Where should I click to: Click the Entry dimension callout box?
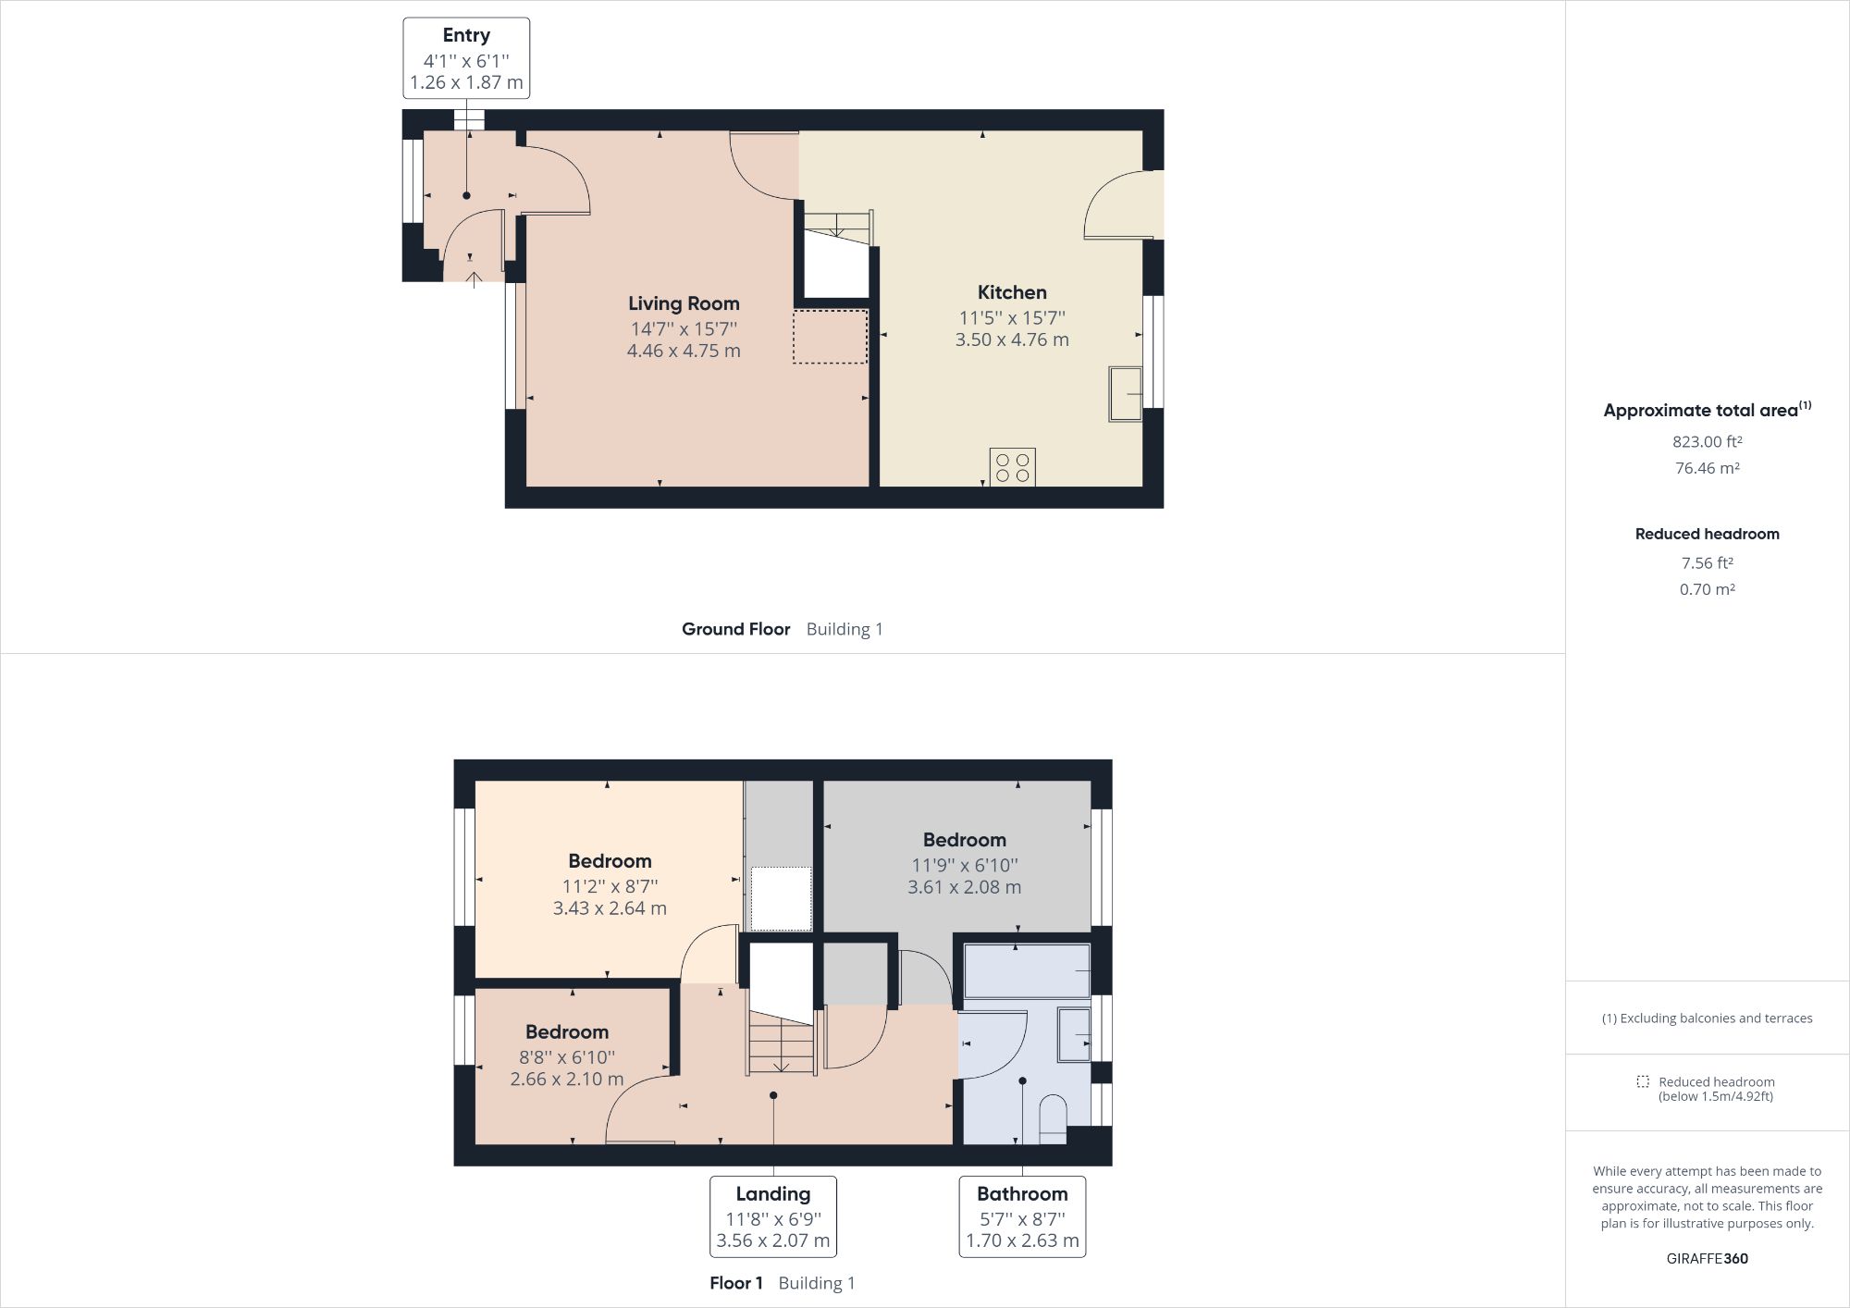tap(466, 58)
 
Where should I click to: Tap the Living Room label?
tap(684, 303)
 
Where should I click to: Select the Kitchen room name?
tap(1012, 292)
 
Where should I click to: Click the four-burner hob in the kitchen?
tap(1012, 466)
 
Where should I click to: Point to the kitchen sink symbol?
tap(1125, 394)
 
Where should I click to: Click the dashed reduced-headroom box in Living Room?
tap(830, 337)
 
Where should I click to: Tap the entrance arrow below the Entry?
tap(474, 279)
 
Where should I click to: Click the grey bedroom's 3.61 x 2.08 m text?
tap(964, 887)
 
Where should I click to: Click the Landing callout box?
tap(772, 1216)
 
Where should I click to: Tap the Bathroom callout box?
tap(1022, 1216)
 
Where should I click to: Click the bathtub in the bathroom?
tap(1027, 970)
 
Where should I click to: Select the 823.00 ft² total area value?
tap(1707, 442)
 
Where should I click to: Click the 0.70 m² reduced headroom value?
tap(1707, 589)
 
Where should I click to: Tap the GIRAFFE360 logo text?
tap(1707, 1258)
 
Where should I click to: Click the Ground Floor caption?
tap(735, 629)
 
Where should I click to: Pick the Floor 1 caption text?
tap(735, 1283)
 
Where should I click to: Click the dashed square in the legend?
tap(1642, 1081)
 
